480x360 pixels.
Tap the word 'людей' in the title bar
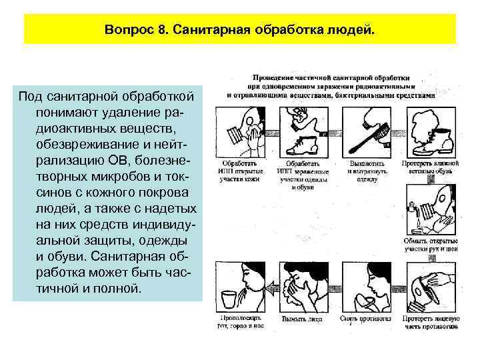click(351, 30)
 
